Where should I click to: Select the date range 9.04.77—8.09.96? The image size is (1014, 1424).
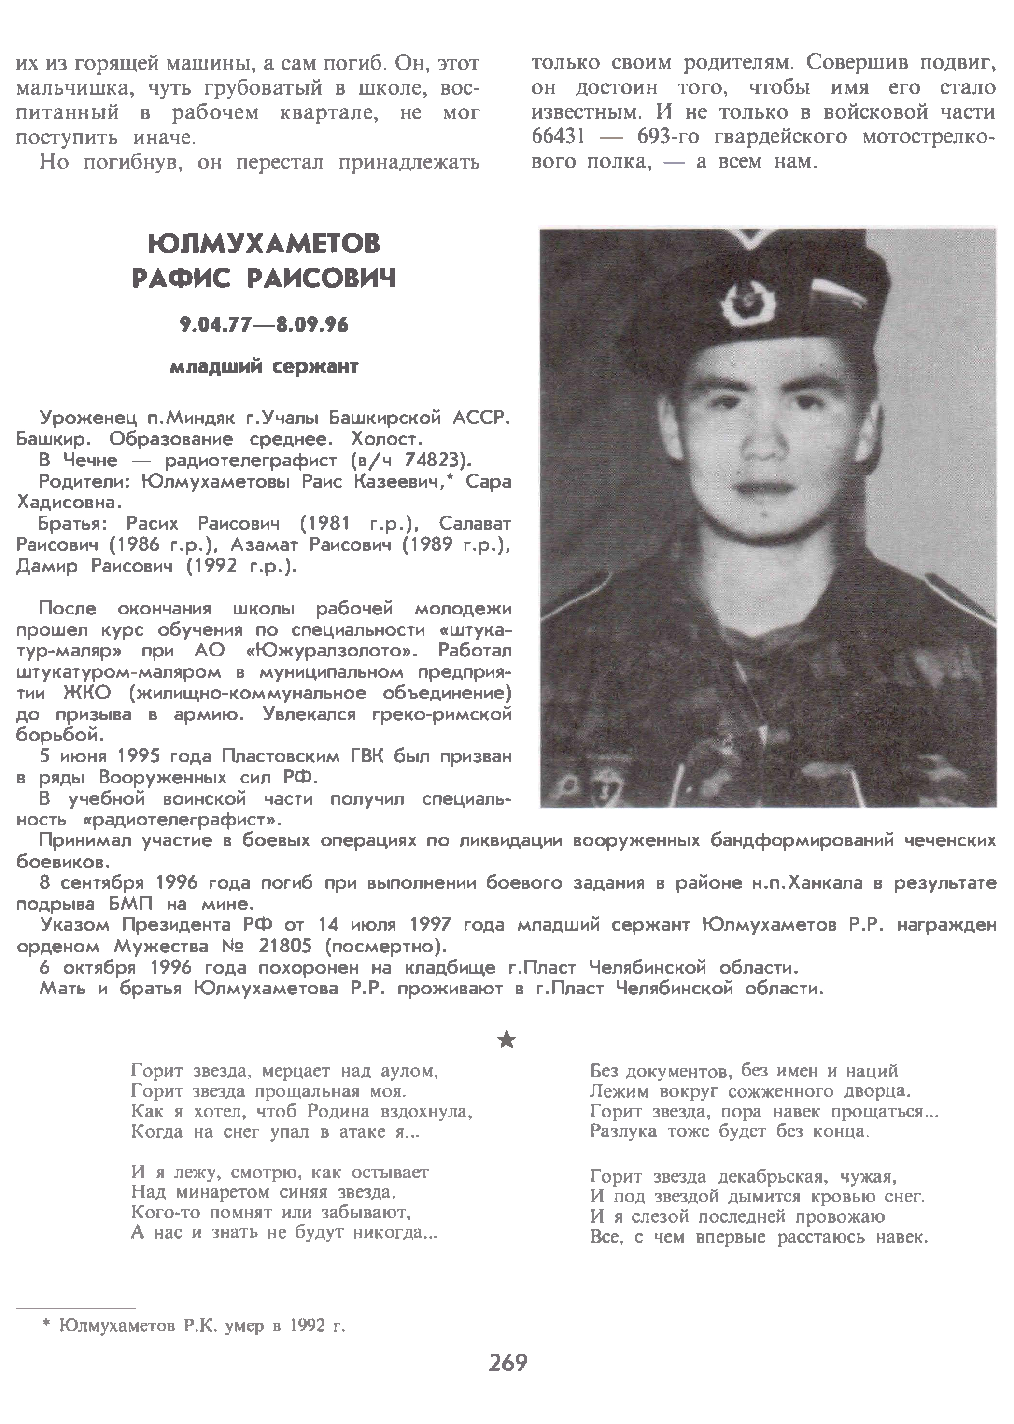[264, 324]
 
